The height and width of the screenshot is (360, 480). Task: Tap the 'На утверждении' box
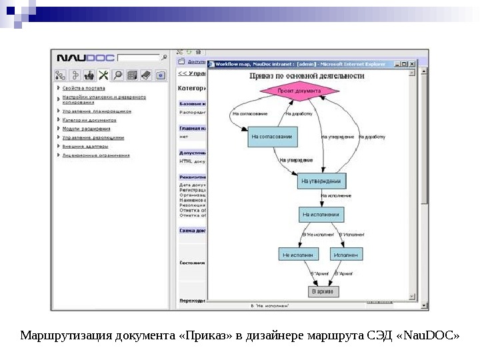(x=321, y=181)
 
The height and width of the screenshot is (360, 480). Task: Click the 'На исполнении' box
(x=322, y=215)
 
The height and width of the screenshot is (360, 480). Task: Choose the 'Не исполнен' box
(x=299, y=255)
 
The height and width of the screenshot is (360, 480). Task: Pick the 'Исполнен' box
(x=346, y=255)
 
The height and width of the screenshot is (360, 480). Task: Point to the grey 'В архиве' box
(x=324, y=291)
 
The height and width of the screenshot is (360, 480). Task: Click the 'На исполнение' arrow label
(x=336, y=196)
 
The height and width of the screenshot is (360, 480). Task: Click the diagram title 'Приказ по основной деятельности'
(x=307, y=76)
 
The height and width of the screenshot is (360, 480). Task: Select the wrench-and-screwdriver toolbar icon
(x=103, y=75)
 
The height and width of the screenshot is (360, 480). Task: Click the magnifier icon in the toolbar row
(x=117, y=75)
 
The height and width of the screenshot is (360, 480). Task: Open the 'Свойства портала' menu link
(x=83, y=88)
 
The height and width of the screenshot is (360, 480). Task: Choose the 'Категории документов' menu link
(x=89, y=120)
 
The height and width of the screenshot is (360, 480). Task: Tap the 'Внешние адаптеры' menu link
(x=85, y=146)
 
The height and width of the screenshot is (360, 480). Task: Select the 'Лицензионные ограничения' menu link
(x=96, y=155)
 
